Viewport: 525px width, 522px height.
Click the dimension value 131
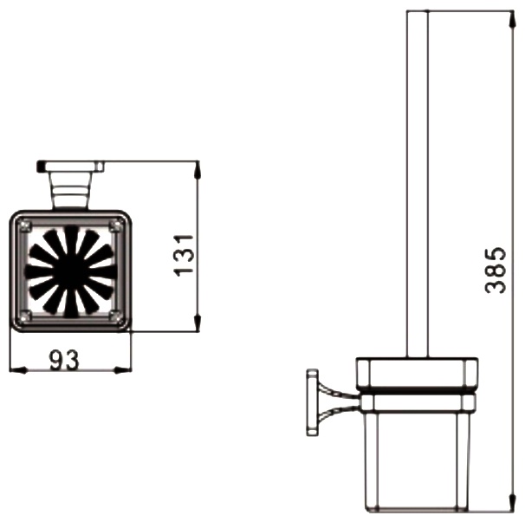click(x=185, y=256)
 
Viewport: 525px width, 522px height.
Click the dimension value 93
click(x=64, y=360)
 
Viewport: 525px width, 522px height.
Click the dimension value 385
click(x=496, y=270)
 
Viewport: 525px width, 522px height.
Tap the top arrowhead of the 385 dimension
click(x=513, y=19)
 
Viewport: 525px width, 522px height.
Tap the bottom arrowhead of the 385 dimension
click(x=513, y=502)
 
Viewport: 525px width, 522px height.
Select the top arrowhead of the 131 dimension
click(x=198, y=170)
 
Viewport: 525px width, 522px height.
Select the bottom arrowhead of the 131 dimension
click(x=198, y=323)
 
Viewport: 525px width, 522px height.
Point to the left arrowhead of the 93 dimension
click(x=18, y=370)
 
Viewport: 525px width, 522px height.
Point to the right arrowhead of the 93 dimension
click(x=122, y=370)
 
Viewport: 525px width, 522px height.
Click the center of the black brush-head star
click(x=70, y=271)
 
